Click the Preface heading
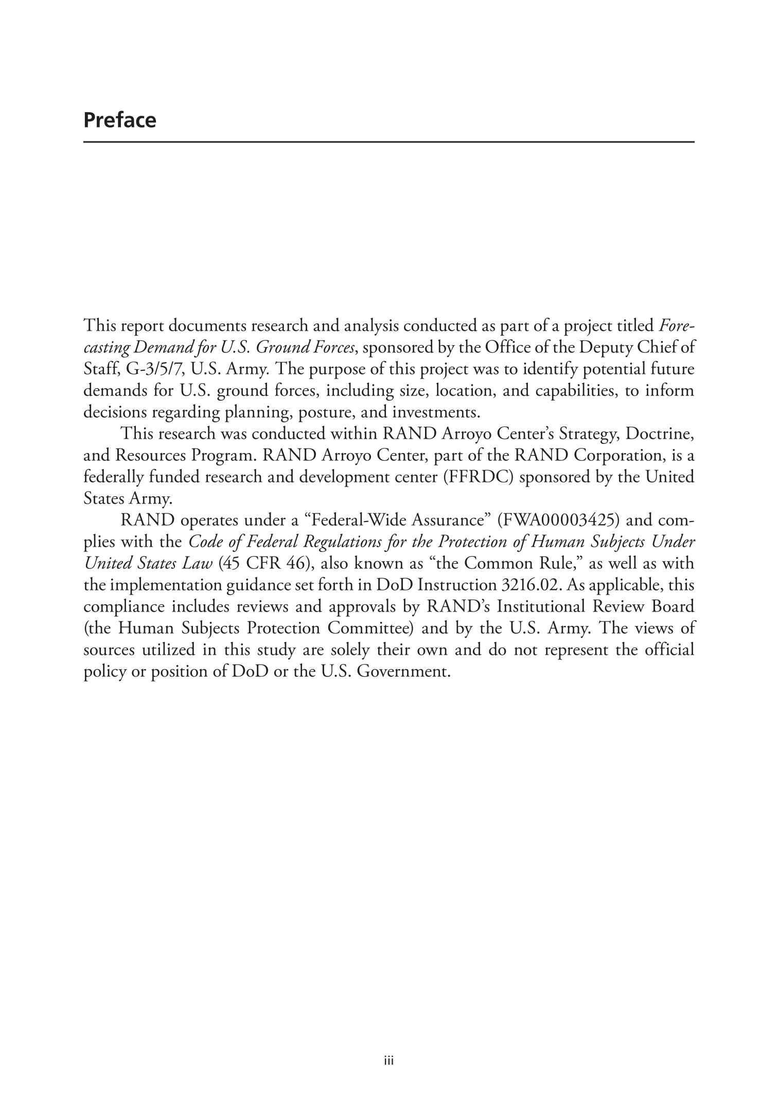119,120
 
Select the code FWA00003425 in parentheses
563,521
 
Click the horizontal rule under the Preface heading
388,142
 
